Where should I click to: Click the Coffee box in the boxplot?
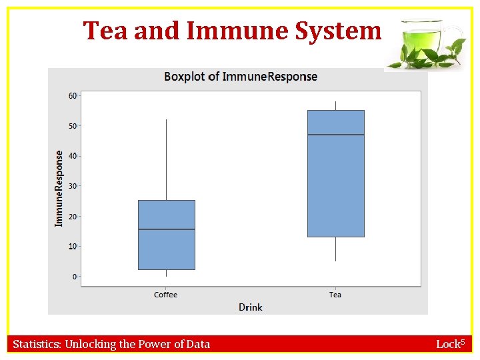pyautogui.click(x=166, y=247)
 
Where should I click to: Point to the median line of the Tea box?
pyautogui.click(x=335, y=135)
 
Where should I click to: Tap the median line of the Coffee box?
pyautogui.click(x=166, y=229)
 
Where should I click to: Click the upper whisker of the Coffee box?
pyautogui.click(x=166, y=160)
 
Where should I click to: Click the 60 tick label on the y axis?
pyautogui.click(x=72, y=96)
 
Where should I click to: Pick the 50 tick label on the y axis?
pyautogui.click(x=72, y=126)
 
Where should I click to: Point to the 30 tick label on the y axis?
pyautogui.click(x=72, y=186)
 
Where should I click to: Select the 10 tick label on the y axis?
pyautogui.click(x=72, y=247)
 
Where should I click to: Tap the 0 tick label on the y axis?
pyautogui.click(x=74, y=277)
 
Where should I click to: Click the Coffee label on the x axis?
pyautogui.click(x=166, y=295)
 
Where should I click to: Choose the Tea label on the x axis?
pyautogui.click(x=335, y=295)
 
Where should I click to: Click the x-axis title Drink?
pyautogui.click(x=251, y=307)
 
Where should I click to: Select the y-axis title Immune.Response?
pyautogui.click(x=59, y=187)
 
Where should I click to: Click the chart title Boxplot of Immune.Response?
pyautogui.click(x=241, y=77)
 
